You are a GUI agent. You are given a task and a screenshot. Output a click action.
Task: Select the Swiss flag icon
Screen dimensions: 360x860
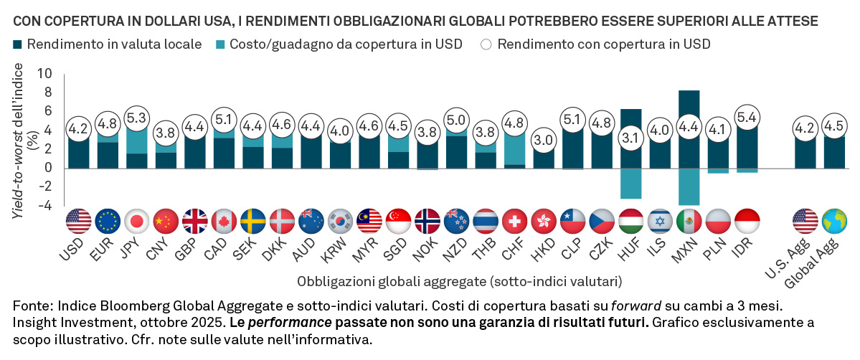tap(514, 221)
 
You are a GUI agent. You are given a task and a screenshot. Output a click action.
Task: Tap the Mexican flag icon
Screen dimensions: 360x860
tap(689, 221)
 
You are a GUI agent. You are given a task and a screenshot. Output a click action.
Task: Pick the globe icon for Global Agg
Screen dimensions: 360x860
tap(833, 221)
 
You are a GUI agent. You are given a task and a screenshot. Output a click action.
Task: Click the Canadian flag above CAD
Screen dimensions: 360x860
tap(224, 221)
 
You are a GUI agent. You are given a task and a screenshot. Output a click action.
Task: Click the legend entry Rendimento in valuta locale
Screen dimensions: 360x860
tap(115, 44)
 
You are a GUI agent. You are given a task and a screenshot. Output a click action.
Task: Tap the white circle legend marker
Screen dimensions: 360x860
tap(486, 44)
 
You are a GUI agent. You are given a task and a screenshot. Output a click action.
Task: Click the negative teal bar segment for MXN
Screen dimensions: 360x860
tap(689, 186)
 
